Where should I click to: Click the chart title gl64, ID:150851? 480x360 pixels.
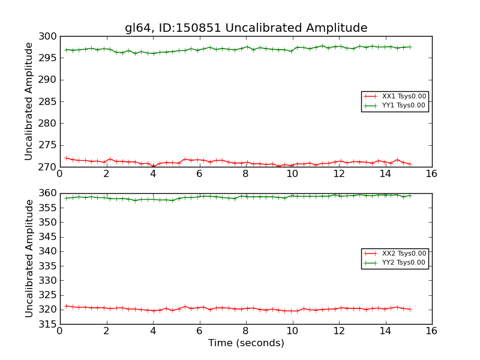[246, 28]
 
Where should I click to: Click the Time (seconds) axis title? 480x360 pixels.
[246, 343]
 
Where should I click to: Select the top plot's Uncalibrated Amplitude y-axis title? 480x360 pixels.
[29, 101]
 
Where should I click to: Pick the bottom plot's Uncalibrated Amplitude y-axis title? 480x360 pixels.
[29, 259]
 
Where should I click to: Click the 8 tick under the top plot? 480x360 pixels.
[245, 174]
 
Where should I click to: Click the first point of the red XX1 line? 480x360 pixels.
[66, 158]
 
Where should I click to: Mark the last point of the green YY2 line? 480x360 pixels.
[410, 196]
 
